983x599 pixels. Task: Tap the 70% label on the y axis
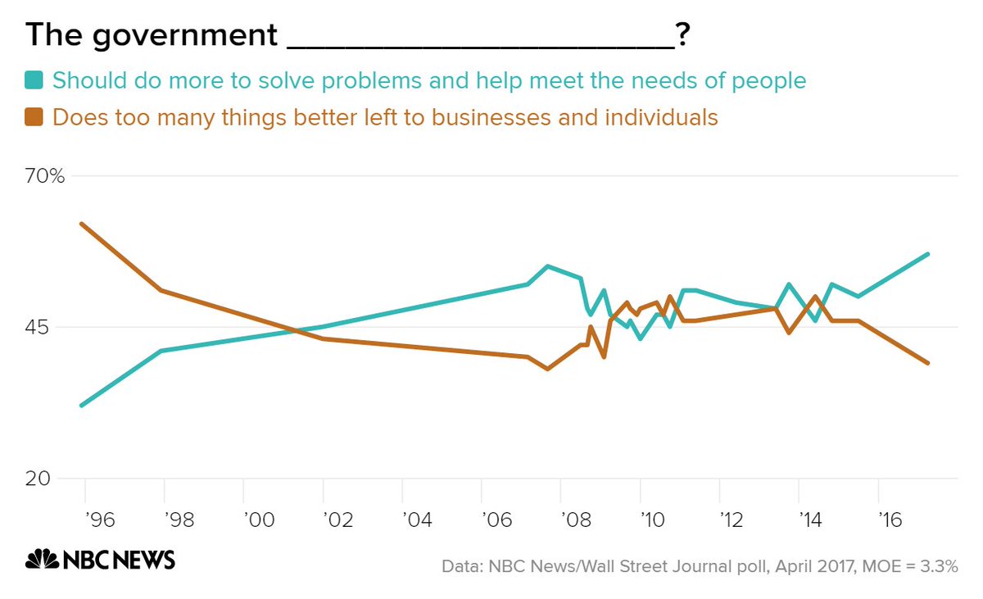(44, 176)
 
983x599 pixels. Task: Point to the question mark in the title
(682, 35)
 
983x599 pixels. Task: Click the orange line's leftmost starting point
(81, 224)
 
